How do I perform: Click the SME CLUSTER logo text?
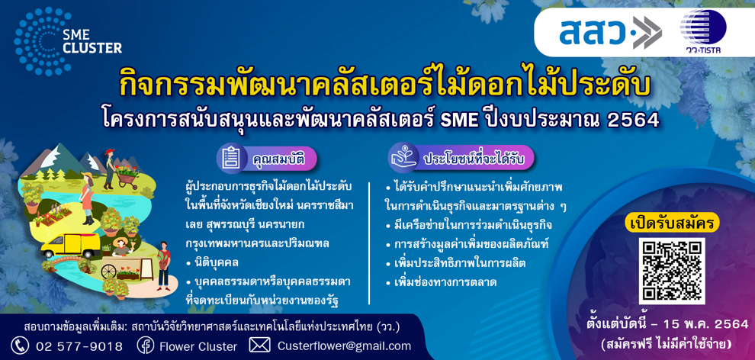[92, 42]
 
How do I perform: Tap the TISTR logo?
[702, 31]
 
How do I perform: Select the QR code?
[672, 271]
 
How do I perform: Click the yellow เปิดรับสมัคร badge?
[672, 223]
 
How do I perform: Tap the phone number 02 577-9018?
[79, 346]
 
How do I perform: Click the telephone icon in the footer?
[19, 346]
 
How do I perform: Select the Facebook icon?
[146, 346]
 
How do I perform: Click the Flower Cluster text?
[198, 346]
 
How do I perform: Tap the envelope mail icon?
[259, 345]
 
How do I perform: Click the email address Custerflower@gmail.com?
[344, 346]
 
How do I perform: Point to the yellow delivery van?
[70, 246]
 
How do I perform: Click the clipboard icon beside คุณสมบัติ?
[232, 158]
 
